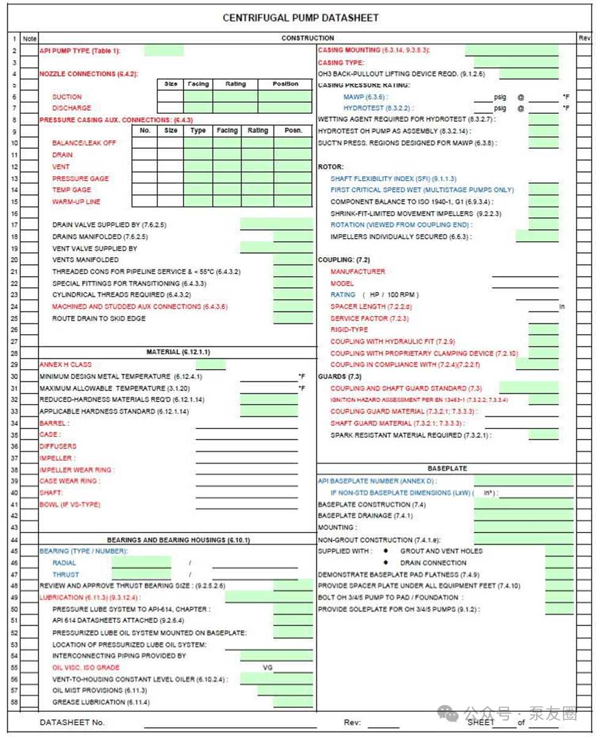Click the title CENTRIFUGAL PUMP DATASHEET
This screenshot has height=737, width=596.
click(x=300, y=18)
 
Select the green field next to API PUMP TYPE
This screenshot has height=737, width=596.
click(x=163, y=51)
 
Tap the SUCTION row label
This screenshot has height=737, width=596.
click(x=67, y=97)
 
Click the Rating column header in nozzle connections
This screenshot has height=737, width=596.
click(x=235, y=84)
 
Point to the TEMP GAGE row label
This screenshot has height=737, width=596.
click(x=71, y=190)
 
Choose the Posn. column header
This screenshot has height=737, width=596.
click(x=292, y=130)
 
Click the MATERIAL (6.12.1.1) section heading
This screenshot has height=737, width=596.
click(x=177, y=352)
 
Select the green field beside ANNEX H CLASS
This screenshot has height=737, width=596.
click(x=210, y=364)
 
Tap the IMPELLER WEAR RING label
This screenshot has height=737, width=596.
click(x=76, y=470)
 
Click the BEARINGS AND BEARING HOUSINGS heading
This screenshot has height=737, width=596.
click(x=178, y=540)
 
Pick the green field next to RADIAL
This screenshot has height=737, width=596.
click(x=141, y=563)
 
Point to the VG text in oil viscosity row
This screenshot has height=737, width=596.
click(x=267, y=667)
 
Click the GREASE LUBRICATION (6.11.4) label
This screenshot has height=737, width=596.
click(x=101, y=702)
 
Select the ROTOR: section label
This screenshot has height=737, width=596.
click(x=331, y=166)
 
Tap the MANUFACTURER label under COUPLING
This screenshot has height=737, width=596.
click(x=358, y=271)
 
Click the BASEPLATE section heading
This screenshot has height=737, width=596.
click(x=447, y=468)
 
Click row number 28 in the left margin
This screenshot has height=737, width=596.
click(x=14, y=353)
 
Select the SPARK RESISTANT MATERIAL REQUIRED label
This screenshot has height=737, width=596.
click(x=411, y=435)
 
